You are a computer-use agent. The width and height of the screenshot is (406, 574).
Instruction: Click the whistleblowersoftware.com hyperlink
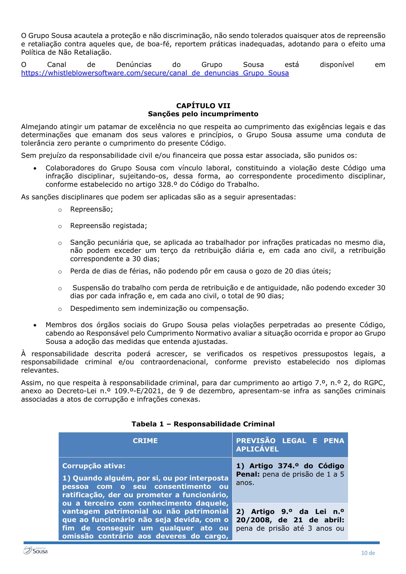click(x=155, y=73)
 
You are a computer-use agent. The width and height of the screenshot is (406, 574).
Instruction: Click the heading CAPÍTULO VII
click(x=203, y=106)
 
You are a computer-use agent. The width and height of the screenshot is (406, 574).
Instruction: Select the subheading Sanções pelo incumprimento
click(x=203, y=114)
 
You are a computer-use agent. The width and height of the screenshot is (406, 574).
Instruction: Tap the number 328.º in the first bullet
click(x=168, y=184)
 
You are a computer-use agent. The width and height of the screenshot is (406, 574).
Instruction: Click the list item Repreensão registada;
click(x=109, y=226)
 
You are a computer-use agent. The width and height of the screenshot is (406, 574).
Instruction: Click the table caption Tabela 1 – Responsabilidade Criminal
click(x=203, y=424)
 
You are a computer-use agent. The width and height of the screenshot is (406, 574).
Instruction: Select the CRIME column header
click(x=145, y=441)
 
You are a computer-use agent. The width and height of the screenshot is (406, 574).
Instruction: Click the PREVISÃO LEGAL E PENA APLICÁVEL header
click(x=290, y=445)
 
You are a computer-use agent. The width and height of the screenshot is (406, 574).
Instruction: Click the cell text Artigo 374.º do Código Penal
click(x=290, y=470)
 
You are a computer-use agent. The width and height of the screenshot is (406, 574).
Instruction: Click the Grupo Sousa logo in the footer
click(x=36, y=550)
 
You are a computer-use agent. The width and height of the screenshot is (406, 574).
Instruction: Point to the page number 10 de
click(x=368, y=553)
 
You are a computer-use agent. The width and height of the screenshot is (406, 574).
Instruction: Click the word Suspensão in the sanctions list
click(x=91, y=288)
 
